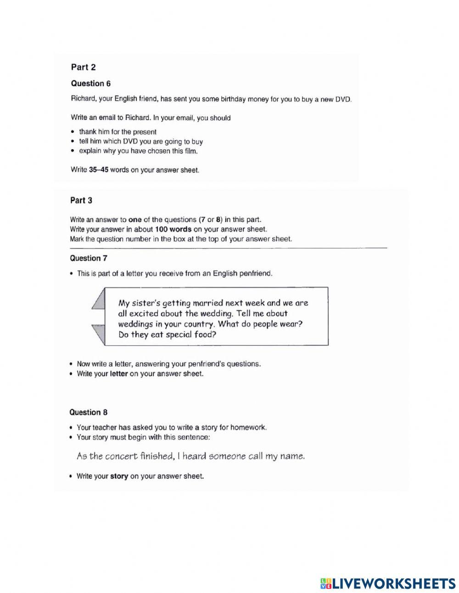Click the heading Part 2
[83, 68]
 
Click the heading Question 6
[90, 84]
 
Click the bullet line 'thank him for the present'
[118, 132]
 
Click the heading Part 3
[81, 200]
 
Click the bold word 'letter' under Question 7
[119, 374]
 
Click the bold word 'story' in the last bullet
[119, 476]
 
